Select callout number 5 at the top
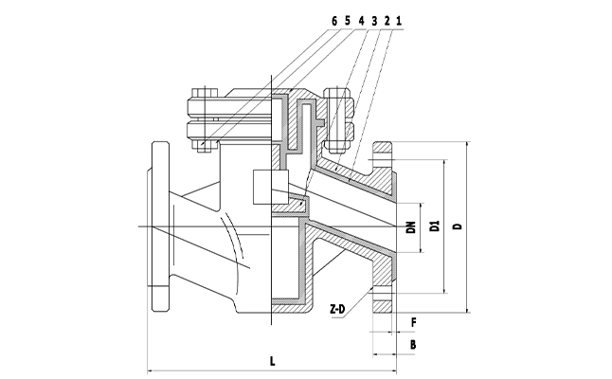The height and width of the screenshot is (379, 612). tap(348, 19)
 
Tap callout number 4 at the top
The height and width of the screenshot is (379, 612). tap(361, 19)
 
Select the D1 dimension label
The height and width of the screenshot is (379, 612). tap(435, 226)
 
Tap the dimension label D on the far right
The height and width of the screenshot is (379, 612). tap(457, 226)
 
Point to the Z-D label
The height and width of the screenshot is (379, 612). tap(337, 310)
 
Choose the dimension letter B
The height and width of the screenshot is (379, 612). tap(413, 345)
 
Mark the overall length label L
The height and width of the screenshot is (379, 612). tap(273, 361)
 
